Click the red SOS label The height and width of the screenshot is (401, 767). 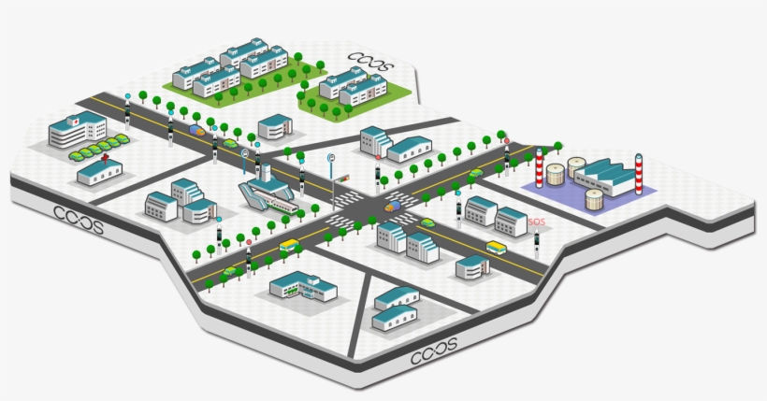536,222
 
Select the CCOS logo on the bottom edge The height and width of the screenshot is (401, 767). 433,351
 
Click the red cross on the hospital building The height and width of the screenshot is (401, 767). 75,122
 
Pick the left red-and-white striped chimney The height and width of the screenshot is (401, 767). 539,170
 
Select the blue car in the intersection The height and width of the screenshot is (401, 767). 394,205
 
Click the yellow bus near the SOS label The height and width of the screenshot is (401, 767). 496,249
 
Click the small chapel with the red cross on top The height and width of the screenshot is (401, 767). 98,170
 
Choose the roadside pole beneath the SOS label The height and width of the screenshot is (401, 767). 537,245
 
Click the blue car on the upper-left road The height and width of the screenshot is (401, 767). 196,130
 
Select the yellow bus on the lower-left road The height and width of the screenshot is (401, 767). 289,247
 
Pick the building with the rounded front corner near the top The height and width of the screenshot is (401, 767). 274,126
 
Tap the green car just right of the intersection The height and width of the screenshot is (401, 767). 427,222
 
